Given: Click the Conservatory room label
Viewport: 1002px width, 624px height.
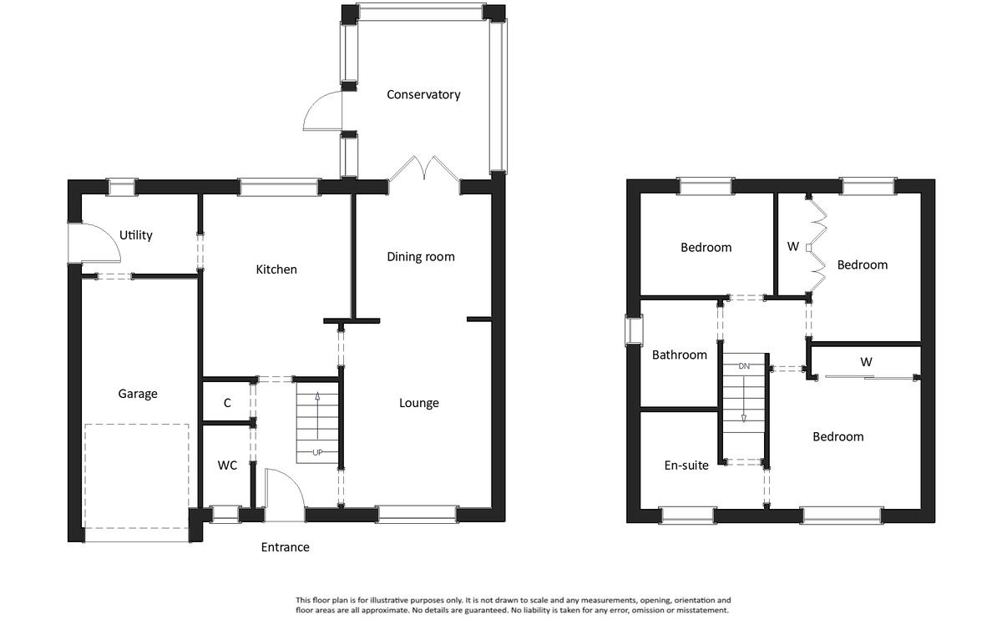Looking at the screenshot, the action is coord(423,95).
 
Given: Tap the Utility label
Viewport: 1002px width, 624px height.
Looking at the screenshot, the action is coord(135,235).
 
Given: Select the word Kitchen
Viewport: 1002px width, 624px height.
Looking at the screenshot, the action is coord(276,269).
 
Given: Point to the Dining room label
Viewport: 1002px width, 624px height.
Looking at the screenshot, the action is coord(421,257).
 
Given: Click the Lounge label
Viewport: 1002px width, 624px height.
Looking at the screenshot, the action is coord(418,403).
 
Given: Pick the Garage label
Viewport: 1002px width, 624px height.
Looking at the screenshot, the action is coord(137,394).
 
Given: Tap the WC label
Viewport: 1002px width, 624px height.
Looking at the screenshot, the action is coord(227,465).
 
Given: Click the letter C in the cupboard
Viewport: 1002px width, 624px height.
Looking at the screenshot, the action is coord(227,403).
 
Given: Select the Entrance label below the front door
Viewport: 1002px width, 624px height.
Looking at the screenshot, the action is coord(285,547).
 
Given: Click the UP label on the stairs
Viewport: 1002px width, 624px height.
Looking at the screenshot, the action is coord(317,452).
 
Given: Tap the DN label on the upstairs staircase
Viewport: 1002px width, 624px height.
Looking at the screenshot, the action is coord(744,366).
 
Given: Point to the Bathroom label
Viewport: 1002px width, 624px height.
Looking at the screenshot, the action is coord(680,355).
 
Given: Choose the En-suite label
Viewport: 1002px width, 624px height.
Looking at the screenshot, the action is coord(686,465).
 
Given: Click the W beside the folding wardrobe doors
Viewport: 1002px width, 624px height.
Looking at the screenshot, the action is coord(792,246).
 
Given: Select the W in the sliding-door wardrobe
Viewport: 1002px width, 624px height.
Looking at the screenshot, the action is coord(866,362).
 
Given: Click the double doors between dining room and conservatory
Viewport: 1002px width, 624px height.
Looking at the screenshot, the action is coord(423,169).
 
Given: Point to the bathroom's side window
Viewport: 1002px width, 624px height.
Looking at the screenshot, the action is coord(634,330).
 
